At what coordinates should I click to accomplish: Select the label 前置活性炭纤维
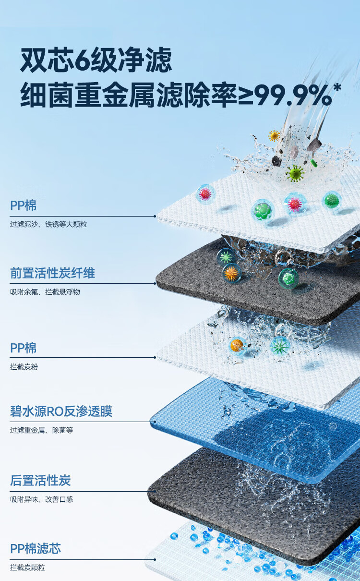pos(53,273)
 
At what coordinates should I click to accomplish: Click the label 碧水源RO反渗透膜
pos(61,412)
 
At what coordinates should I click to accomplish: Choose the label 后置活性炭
pos(40,480)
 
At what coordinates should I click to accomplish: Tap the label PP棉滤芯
pos(36,549)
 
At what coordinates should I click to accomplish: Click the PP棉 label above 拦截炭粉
pos(24,348)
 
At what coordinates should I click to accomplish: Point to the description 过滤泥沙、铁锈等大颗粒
pos(48,224)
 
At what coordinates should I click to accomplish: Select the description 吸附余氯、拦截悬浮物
pos(45,292)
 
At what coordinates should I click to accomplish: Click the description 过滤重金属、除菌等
pos(42,430)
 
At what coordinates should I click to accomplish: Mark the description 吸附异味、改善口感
pos(42,499)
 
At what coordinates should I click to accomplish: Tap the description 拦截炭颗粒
pos(28,568)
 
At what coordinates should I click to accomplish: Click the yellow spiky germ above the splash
pos(274,136)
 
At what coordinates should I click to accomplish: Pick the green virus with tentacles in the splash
pos(295,173)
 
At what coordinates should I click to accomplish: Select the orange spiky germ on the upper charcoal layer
pos(232,273)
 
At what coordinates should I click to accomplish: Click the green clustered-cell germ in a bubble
pos(263,211)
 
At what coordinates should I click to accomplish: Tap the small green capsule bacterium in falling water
pos(314,163)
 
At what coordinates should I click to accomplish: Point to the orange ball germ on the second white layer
pos(237,345)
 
